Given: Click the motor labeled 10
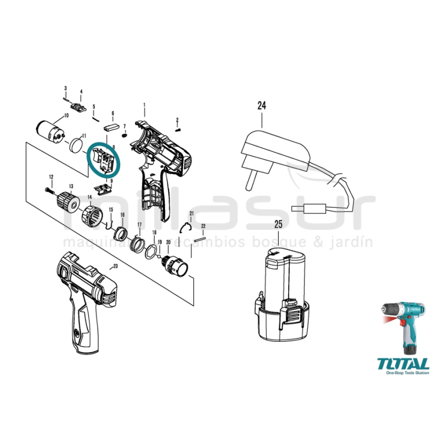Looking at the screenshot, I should pos(50,131).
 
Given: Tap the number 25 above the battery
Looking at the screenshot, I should pos(279,224).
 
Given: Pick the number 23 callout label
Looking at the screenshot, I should pos(115,266).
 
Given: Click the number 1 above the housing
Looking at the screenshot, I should pos(144,104).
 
